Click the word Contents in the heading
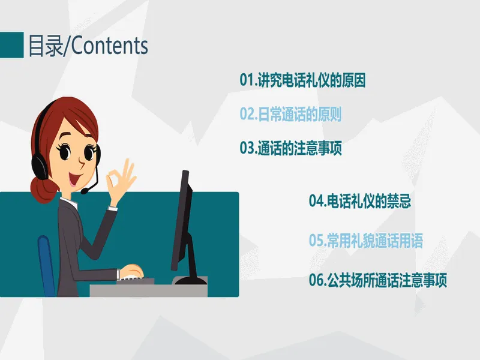point(110,46)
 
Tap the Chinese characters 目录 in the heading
point(46,46)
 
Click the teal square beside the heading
point(11,45)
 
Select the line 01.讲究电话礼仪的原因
point(302,80)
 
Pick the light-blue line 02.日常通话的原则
point(290,114)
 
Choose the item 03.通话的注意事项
point(290,148)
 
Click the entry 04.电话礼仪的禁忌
point(359,201)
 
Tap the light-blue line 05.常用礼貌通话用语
point(366,241)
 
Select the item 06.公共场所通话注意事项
point(378,280)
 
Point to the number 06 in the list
point(316,280)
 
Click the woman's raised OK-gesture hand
point(121,181)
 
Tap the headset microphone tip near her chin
point(84,191)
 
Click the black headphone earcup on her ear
point(39,166)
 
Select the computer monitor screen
point(182,220)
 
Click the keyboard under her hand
point(134,280)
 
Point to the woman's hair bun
point(43,190)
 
